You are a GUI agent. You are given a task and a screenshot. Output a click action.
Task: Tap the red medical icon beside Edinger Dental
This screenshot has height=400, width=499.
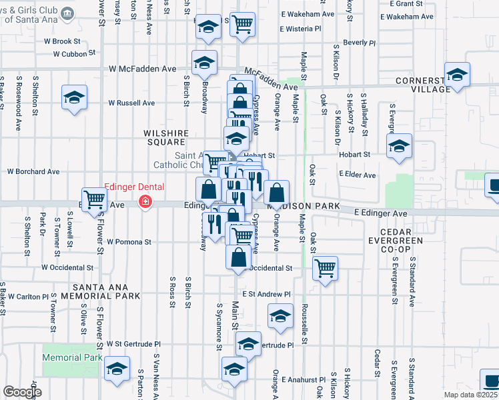143,201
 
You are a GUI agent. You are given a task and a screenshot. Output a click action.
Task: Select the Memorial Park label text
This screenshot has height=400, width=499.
72,357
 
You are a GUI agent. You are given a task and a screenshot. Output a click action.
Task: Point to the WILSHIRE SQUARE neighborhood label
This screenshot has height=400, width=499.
163,137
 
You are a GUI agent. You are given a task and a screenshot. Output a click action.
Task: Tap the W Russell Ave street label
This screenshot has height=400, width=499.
131,103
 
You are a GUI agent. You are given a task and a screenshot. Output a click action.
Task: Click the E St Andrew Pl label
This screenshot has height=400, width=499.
267,293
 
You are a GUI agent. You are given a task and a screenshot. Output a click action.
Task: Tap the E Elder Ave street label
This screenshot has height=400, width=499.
357,175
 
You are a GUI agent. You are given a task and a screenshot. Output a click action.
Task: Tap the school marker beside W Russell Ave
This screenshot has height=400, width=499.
75,97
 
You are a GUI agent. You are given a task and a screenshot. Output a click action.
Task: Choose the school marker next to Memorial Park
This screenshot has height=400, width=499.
117,369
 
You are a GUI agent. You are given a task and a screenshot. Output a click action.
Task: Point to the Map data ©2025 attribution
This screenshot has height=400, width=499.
469,395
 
